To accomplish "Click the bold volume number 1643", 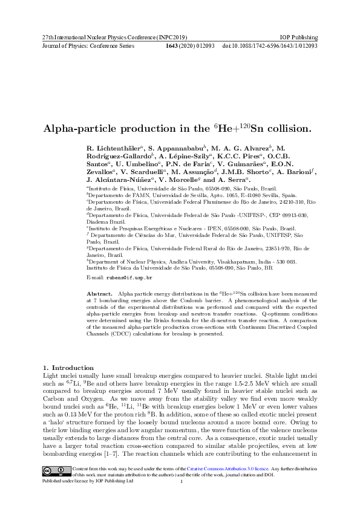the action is (x=175, y=45).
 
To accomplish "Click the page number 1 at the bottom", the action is (x=181, y=481).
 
